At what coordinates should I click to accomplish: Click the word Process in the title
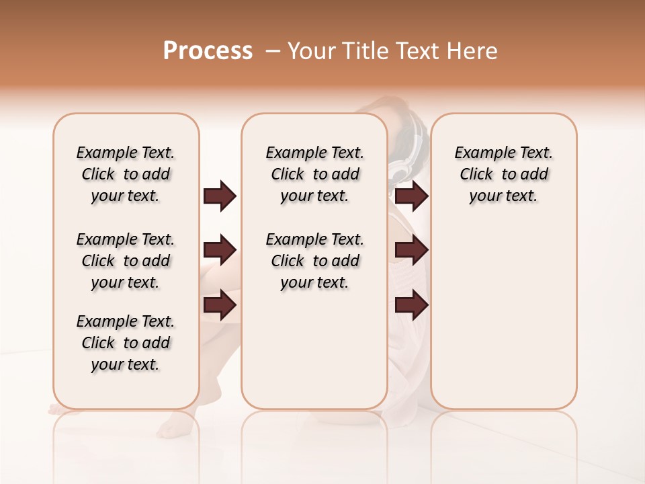point(208,51)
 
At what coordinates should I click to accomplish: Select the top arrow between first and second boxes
point(220,196)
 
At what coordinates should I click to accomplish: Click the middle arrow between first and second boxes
point(220,251)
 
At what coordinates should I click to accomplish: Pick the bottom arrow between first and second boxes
point(220,305)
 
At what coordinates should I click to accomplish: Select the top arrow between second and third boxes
point(411,196)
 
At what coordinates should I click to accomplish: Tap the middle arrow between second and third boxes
point(411,251)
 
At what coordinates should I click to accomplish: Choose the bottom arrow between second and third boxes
point(411,305)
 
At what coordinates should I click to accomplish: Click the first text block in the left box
point(126,175)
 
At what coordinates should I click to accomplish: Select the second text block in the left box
point(126,261)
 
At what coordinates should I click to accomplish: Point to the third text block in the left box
point(126,343)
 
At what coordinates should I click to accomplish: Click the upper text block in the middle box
point(315,175)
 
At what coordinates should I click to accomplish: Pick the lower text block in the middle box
point(315,261)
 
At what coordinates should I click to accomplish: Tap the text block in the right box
point(503,175)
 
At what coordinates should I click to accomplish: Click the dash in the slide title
point(273,51)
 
